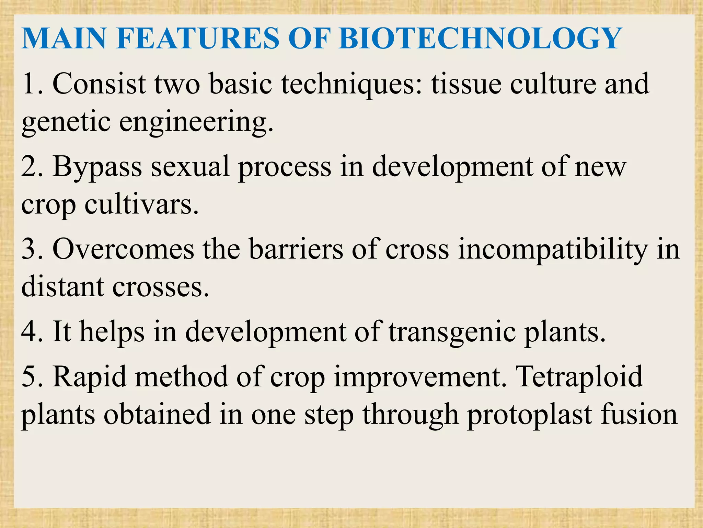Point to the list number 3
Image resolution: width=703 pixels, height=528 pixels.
30,249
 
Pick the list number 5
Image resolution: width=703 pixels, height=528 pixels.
30,377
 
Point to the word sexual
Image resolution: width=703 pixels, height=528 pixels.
190,166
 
